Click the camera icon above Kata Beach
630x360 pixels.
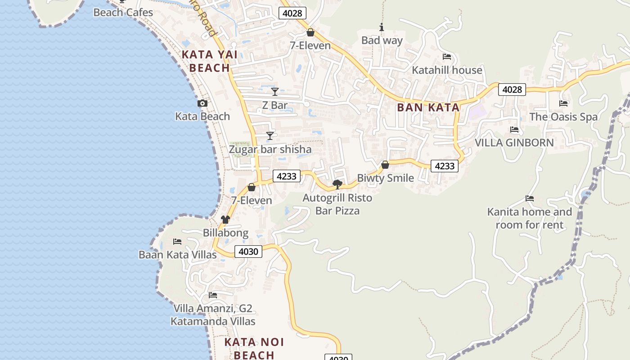(x=202, y=103)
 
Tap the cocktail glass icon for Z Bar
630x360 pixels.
(x=275, y=92)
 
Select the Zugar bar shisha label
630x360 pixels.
(x=270, y=149)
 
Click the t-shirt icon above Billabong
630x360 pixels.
(x=225, y=220)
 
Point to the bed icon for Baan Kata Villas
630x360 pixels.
(x=177, y=242)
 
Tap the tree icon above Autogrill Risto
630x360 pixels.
(x=337, y=184)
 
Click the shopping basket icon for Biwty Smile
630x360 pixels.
(x=385, y=165)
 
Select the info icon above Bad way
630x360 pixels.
(x=382, y=27)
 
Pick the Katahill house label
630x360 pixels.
(x=447, y=70)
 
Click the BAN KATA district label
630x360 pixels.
(x=428, y=108)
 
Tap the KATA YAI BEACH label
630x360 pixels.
(x=209, y=62)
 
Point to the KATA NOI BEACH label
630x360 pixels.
(x=254, y=348)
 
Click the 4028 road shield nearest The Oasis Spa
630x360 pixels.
(x=512, y=90)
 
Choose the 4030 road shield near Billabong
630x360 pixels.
(x=248, y=252)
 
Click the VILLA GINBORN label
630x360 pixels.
(x=514, y=143)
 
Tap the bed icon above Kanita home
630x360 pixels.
(x=530, y=198)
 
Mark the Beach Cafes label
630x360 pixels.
(x=123, y=13)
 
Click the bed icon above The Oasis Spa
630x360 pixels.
(x=563, y=103)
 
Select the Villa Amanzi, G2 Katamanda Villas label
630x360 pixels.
(x=213, y=315)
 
